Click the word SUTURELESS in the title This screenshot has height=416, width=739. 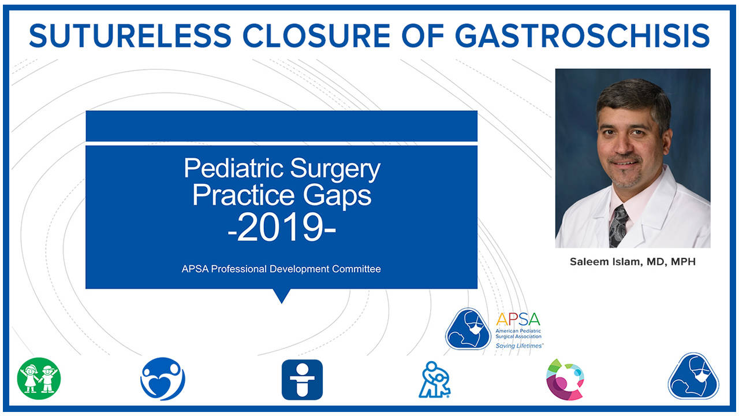(x=130, y=35)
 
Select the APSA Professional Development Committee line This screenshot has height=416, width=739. (x=282, y=269)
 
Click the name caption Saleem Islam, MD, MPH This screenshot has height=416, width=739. (x=633, y=262)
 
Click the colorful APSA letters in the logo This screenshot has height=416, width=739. (x=518, y=320)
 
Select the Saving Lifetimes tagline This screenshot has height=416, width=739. (x=519, y=345)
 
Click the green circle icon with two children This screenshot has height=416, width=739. (x=39, y=379)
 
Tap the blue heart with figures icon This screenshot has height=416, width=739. (x=163, y=379)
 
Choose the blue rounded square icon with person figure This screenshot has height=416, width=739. (x=302, y=380)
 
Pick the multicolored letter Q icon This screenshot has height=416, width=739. (x=565, y=379)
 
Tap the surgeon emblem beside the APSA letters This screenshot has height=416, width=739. (x=468, y=328)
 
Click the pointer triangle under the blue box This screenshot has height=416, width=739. (x=282, y=295)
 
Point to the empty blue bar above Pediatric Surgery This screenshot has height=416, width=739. (x=282, y=126)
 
